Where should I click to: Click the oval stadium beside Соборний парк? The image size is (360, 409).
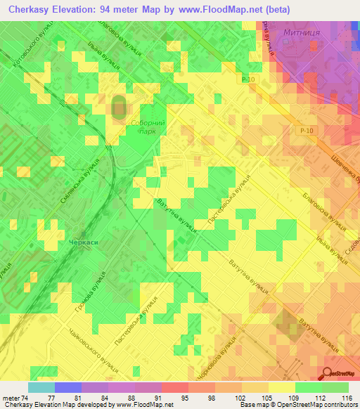pos(118,108)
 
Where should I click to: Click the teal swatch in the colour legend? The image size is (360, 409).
pos(41,387)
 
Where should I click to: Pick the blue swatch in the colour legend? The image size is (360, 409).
pos(67,387)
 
